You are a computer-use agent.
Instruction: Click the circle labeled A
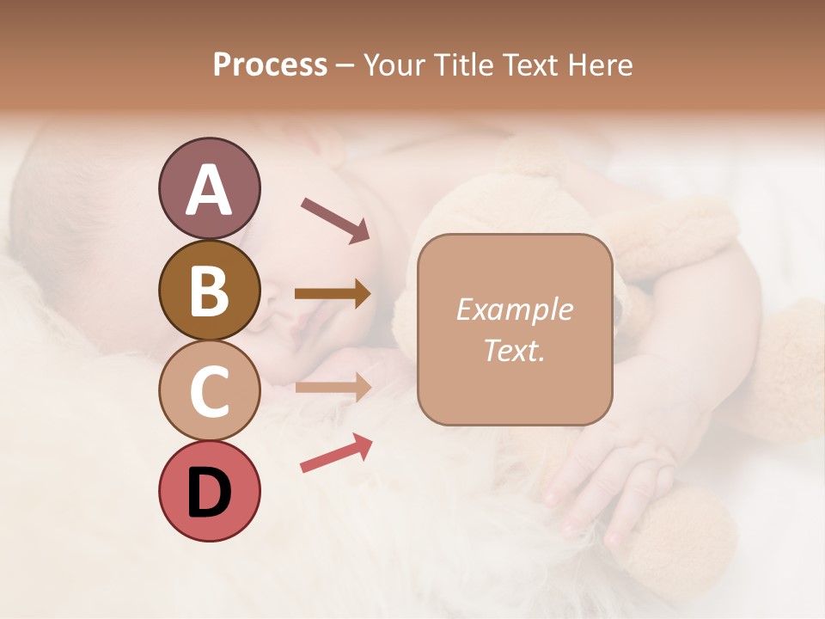[209, 188]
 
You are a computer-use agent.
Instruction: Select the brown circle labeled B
[209, 290]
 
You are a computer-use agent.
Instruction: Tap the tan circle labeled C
[209, 390]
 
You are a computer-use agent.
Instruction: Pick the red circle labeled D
[209, 491]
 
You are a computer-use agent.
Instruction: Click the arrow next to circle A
[334, 218]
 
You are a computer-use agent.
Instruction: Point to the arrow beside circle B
[333, 294]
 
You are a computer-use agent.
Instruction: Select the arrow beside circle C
[333, 387]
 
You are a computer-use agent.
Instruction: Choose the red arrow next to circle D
[336, 453]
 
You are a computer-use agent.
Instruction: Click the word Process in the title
[270, 65]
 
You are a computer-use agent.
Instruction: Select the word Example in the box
[514, 309]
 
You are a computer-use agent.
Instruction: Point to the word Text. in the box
[514, 350]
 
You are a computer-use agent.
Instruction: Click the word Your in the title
[394, 65]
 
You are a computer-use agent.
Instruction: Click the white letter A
[209, 190]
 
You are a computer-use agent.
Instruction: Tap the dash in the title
[345, 65]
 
